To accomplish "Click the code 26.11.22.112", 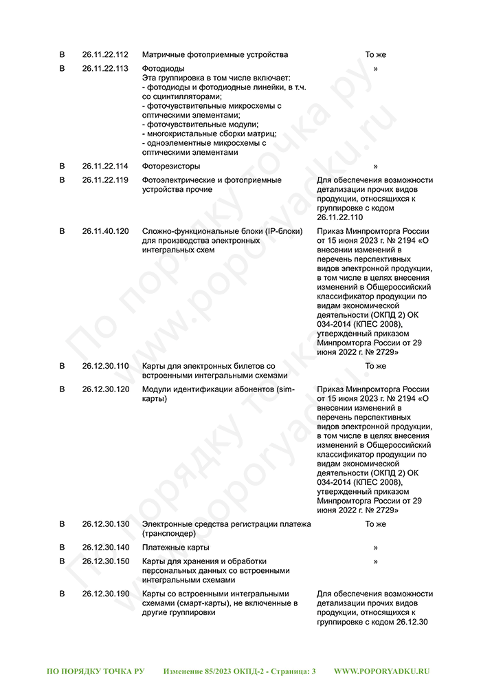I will tap(105, 54).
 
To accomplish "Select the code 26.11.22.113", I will tap(105, 69).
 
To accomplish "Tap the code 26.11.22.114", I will tap(105, 166).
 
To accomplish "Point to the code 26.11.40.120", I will tap(105, 231).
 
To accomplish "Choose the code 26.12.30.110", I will tap(105, 366).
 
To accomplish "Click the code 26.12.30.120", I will tap(105, 389).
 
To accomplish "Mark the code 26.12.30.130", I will tap(105, 524).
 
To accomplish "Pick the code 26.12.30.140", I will tap(105, 548).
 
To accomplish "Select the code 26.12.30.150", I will tap(105, 561).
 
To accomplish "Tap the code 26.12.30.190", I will tap(105, 594).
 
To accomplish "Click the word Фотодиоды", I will tap(163, 69).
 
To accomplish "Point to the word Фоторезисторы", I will tap(171, 166).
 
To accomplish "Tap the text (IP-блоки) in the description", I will tap(282, 231).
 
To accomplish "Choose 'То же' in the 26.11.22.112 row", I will tap(375, 54).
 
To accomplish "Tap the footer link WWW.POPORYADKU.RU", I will tap(381, 670).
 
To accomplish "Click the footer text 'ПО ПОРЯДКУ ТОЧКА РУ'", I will tap(96, 670).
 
